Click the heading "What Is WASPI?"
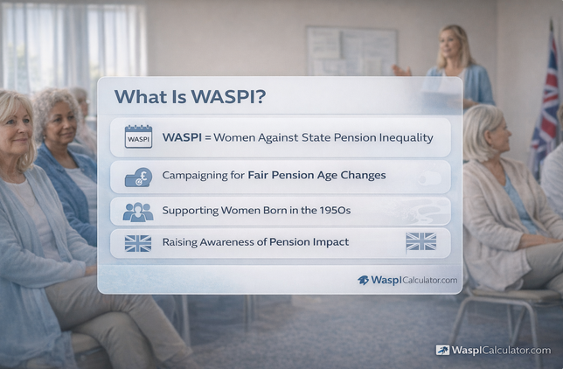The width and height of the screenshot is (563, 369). tap(190, 97)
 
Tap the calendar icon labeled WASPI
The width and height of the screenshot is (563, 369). tap(138, 137)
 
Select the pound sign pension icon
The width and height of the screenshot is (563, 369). tap(138, 176)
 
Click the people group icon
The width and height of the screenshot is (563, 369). tap(138, 212)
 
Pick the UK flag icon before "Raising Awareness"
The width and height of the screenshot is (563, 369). tap(138, 242)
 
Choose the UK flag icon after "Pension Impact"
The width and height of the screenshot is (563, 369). tap(421, 242)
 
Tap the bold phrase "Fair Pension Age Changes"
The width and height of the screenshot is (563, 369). tap(316, 175)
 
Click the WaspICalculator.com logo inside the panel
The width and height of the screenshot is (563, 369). tap(407, 280)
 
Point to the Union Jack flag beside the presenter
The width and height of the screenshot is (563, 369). tap(547, 96)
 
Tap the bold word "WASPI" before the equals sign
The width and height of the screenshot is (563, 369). tap(182, 137)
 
